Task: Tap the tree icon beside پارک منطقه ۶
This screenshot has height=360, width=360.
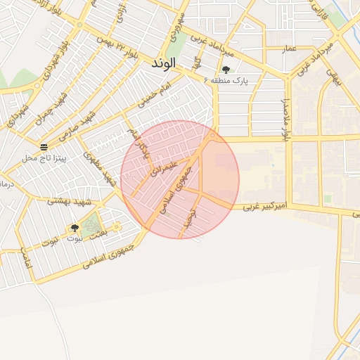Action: pos(226,70)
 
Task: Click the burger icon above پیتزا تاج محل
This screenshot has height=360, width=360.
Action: pos(44,147)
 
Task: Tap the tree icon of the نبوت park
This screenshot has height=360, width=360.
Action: pos(75,228)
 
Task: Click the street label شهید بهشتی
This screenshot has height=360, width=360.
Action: pos(67,201)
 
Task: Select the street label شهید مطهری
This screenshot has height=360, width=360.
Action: pos(99,169)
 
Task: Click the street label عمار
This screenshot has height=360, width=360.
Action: pos(290,50)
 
